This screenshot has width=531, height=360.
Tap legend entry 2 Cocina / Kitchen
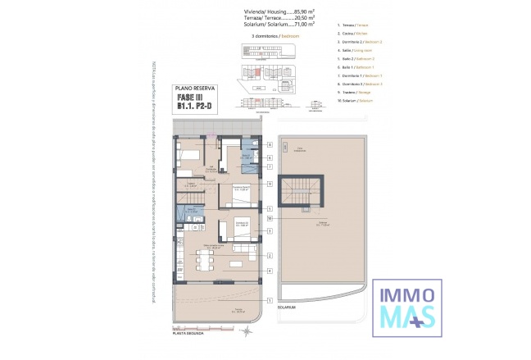[x=353, y=33]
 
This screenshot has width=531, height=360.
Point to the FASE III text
[x=195, y=96]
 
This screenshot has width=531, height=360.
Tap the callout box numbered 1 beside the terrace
[x=269, y=301]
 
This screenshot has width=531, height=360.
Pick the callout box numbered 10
[x=269, y=219]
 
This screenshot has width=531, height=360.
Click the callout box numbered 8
[x=269, y=144]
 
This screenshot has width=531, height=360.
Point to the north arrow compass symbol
[x=247, y=330]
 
